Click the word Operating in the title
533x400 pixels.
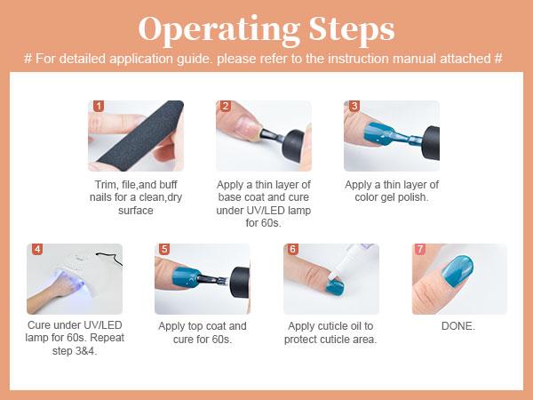(x=219, y=30)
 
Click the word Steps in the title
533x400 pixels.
(x=352, y=29)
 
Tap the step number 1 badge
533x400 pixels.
(x=99, y=106)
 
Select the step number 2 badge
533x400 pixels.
(x=226, y=106)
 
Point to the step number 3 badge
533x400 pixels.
(x=354, y=106)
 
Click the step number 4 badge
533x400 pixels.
(x=37, y=249)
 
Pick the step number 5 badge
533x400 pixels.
(x=164, y=249)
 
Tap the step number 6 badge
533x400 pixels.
(x=292, y=249)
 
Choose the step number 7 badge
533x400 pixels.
(x=420, y=249)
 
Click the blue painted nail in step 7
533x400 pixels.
(x=457, y=272)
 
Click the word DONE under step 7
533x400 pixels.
(x=457, y=326)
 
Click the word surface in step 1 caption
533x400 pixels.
(x=136, y=211)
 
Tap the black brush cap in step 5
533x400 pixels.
(x=241, y=283)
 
